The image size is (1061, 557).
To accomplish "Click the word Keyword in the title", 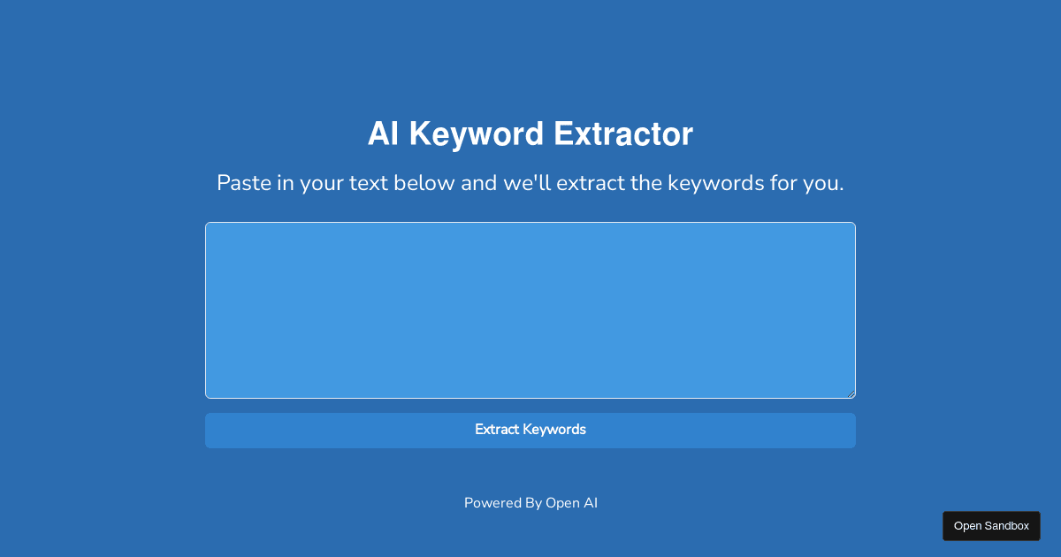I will point(476,134).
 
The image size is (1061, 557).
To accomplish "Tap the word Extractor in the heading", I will point(623,134).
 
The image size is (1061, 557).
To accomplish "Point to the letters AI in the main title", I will point(383,134).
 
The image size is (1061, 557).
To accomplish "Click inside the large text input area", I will point(530,309).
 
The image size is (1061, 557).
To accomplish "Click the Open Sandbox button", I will point(991,526).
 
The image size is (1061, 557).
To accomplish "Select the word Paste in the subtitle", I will point(243,184).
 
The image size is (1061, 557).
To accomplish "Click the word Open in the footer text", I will point(561,503).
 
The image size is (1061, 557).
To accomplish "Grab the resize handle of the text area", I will point(851,393).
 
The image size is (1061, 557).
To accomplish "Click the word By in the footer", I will point(533,503).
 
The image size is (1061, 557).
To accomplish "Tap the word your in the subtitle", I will point(323,184).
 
